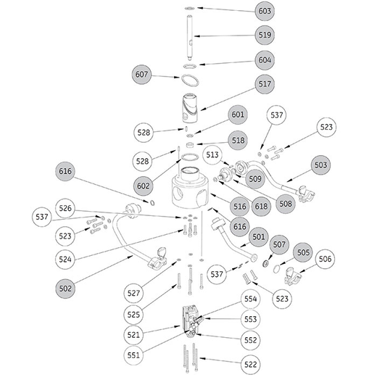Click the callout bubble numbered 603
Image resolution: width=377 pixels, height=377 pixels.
pos(265,11)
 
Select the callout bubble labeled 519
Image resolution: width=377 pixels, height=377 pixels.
pos(265,35)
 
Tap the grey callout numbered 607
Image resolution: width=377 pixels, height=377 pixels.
pos(141,75)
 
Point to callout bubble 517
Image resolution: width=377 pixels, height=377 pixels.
pos(265,84)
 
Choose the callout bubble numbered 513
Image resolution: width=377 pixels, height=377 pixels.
pos(212,154)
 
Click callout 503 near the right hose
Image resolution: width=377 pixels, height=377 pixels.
pos(320,165)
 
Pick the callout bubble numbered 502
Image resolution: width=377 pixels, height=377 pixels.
pos(65,289)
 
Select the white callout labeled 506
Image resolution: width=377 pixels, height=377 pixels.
pos(325,259)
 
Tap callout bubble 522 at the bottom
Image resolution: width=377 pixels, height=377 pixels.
pos(251,365)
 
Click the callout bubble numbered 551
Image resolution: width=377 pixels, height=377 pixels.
pos(133,355)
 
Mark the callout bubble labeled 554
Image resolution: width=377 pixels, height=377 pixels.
pos(251,299)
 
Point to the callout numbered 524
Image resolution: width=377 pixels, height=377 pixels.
pos(65,260)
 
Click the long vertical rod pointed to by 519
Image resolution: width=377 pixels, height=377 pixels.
pos(189,38)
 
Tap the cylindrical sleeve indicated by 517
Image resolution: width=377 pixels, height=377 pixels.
pos(189,107)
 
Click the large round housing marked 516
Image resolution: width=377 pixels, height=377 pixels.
pos(190,188)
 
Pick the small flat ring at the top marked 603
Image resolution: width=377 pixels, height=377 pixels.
pos(190,9)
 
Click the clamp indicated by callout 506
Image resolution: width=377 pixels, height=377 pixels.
pos(293,276)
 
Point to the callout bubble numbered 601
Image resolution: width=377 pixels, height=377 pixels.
pos(238,115)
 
